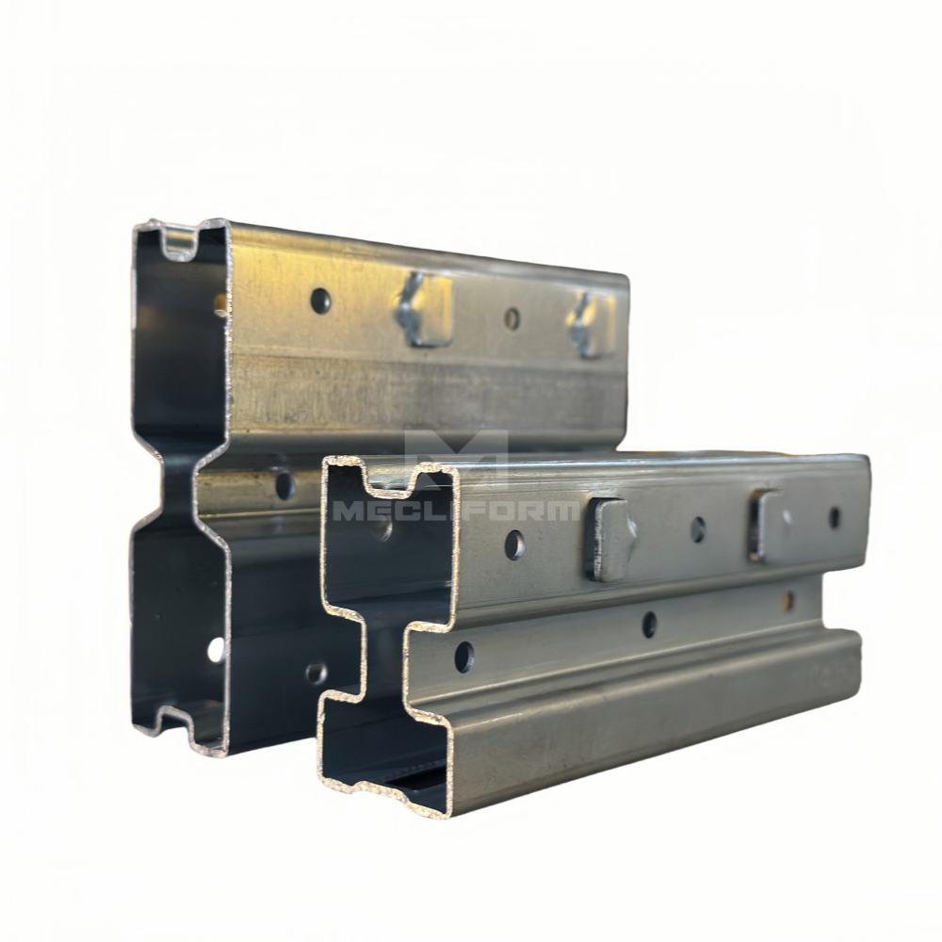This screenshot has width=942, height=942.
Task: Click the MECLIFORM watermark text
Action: pyautogui.click(x=455, y=511)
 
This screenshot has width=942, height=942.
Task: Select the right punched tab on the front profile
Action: pyautogui.click(x=766, y=524)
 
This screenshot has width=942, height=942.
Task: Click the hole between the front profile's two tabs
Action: pyautogui.click(x=697, y=529)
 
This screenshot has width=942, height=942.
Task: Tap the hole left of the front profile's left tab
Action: pyautogui.click(x=514, y=544)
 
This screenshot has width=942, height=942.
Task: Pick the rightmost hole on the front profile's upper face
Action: pyautogui.click(x=835, y=517)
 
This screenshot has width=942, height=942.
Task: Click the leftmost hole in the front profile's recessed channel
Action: pyautogui.click(x=463, y=657)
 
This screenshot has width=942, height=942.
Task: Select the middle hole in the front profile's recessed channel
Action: pyautogui.click(x=649, y=625)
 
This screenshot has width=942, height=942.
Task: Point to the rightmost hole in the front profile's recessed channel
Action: pyautogui.click(x=789, y=599)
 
